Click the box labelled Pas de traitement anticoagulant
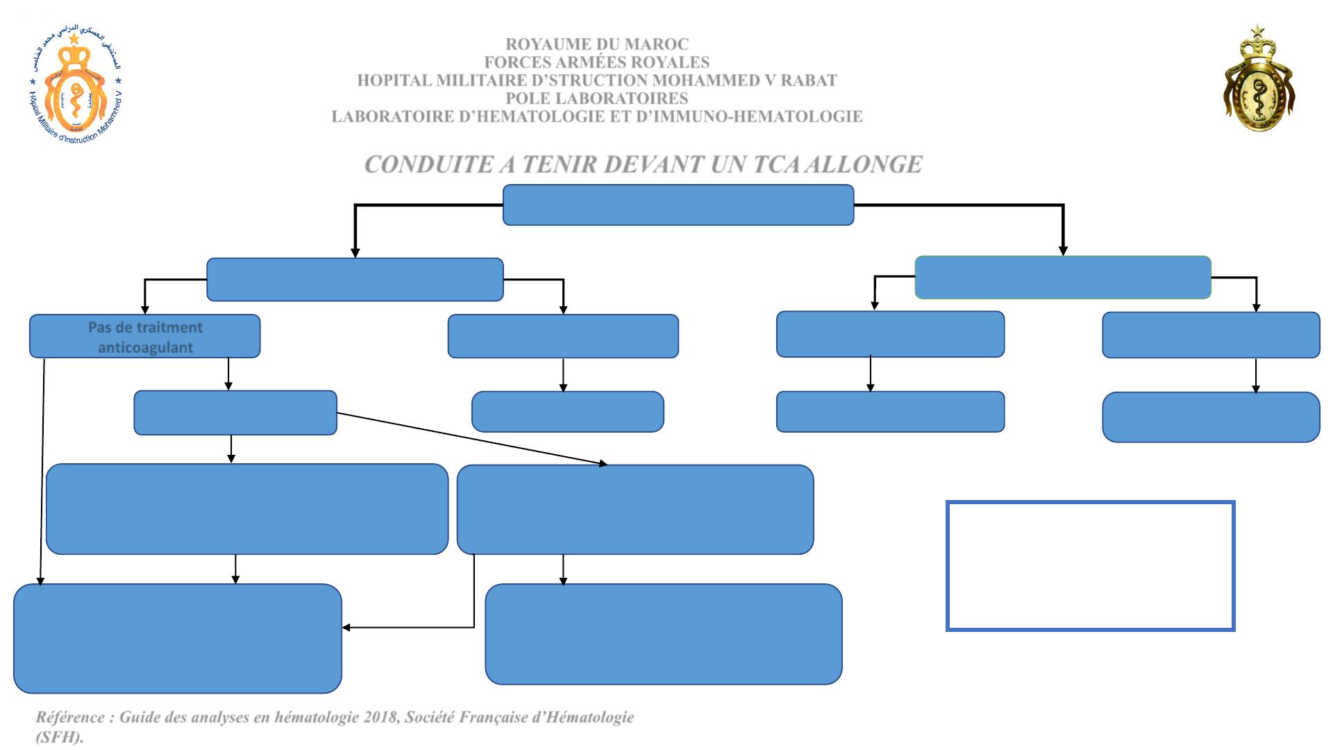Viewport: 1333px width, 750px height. (144, 337)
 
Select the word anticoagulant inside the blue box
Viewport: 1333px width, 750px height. (145, 347)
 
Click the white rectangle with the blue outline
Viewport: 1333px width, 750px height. (1090, 566)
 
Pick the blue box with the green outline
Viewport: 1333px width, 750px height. (1063, 277)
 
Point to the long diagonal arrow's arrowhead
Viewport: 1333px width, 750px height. (603, 463)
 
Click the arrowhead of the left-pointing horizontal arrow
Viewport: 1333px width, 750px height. (346, 628)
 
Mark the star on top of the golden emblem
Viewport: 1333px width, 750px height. (1258, 31)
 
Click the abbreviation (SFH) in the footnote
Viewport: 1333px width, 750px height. (60, 737)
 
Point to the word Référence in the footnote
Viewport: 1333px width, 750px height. (69, 717)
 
